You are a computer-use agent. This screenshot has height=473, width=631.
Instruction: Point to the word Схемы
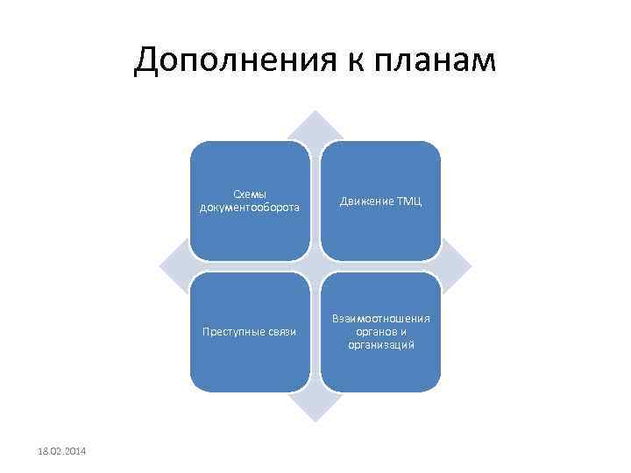click(250, 194)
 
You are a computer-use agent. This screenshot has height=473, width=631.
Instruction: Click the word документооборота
click(250, 208)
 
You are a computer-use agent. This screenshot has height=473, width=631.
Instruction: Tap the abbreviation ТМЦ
click(409, 201)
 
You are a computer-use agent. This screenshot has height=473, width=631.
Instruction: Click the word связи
click(281, 332)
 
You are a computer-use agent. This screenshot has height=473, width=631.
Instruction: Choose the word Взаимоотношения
click(380, 319)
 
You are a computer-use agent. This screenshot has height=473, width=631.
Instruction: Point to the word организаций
click(380, 345)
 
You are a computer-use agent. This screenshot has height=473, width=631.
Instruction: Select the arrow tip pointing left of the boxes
click(166, 266)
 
